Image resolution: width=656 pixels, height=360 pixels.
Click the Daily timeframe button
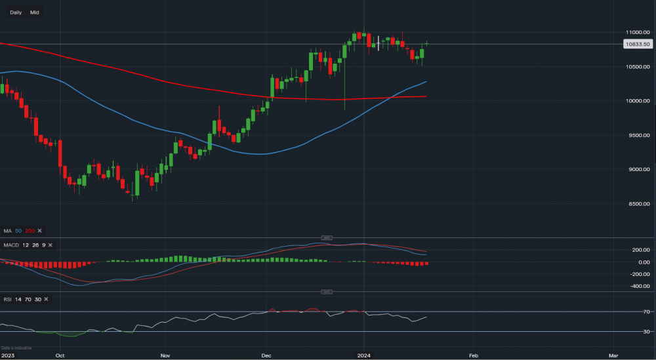[16, 12]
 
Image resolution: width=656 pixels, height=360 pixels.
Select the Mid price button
[34, 12]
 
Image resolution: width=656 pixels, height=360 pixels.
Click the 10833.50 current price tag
[637, 44]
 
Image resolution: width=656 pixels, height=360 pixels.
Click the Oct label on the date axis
[60, 355]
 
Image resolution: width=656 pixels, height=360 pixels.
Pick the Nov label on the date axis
[165, 355]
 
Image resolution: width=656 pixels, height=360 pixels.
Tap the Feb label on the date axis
[473, 355]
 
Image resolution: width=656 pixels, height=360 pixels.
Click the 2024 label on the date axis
[363, 355]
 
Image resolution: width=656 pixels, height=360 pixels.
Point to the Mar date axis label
[613, 355]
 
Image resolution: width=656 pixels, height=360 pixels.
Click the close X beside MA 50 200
[39, 231]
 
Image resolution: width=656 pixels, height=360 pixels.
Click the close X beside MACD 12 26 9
[49, 245]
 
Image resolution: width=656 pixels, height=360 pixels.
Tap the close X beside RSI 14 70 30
[47, 300]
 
